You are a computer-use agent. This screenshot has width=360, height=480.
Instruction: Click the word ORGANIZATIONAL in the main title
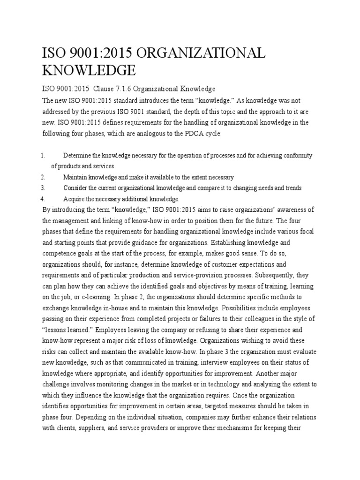point(191,53)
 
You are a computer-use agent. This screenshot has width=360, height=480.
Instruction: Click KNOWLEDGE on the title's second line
point(89,71)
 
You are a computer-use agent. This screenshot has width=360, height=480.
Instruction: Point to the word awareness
point(290,209)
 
